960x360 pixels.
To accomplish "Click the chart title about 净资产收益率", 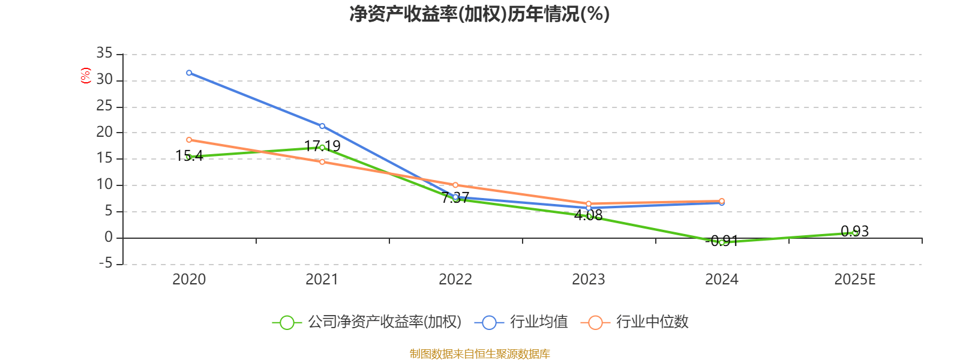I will click(x=479, y=14).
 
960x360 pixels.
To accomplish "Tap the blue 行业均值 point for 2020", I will click(x=189, y=73).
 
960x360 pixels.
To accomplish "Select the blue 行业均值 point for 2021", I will click(x=322, y=126).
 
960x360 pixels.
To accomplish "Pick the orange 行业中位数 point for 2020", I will click(x=189, y=140).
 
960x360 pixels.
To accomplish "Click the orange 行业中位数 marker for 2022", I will click(x=455, y=185).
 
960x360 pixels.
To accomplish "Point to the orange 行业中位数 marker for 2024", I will click(x=722, y=201).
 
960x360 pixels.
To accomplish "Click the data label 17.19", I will click(x=322, y=146).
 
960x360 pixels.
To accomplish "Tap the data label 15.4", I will click(x=189, y=156).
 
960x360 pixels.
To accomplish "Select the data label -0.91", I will click(x=722, y=241).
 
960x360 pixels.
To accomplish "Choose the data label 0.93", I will click(x=854, y=231).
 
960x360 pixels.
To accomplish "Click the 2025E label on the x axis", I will click(x=854, y=279).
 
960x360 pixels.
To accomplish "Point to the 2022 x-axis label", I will click(x=455, y=279).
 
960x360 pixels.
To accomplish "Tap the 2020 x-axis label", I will click(x=189, y=279).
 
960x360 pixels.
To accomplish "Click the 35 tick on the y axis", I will click(x=104, y=54).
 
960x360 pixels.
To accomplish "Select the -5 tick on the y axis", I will click(x=104, y=263).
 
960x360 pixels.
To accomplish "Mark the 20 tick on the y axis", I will click(x=104, y=133).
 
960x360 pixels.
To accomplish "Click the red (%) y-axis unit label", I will click(x=85, y=76).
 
